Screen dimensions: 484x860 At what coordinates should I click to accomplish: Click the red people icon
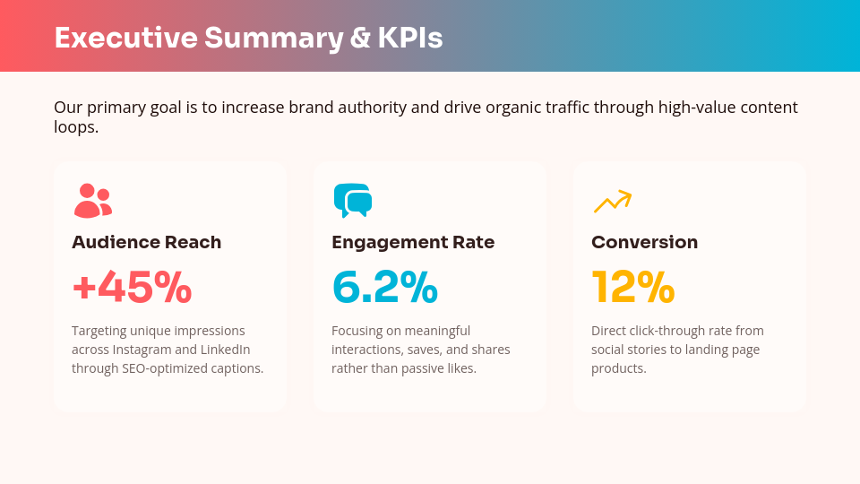tap(92, 201)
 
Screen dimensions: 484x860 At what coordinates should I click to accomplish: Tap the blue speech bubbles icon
tap(352, 201)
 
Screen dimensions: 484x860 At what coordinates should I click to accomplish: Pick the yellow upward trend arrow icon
tap(613, 202)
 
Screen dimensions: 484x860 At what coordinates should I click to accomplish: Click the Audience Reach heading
tap(146, 242)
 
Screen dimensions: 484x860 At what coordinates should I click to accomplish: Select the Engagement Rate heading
tap(412, 242)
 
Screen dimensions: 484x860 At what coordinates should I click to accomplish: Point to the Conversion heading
tap(644, 242)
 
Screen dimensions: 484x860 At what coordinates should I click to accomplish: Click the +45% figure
tap(132, 288)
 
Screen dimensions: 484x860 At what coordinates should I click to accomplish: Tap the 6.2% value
tap(384, 288)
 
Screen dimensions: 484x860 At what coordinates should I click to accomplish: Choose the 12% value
tap(632, 288)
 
